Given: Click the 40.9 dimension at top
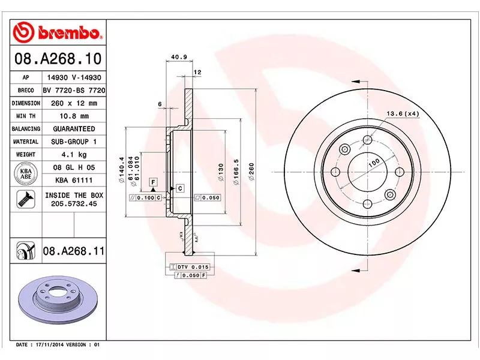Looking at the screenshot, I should pyautogui.click(x=178, y=58).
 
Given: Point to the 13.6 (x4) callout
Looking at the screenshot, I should pyautogui.click(x=401, y=113).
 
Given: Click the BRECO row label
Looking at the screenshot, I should pyautogui.click(x=26, y=90).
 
